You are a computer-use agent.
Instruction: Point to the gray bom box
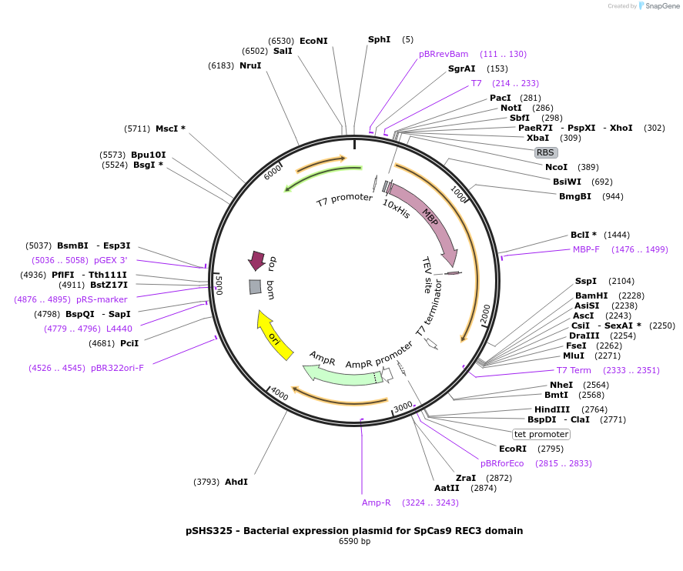[255, 287]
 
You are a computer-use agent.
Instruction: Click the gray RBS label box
[545, 152]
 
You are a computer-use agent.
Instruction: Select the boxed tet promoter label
[541, 434]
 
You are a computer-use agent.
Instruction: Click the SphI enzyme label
[379, 39]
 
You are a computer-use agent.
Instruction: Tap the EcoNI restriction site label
[313, 41]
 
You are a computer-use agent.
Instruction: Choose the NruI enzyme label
[250, 65]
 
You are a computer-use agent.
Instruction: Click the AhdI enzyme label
[236, 482]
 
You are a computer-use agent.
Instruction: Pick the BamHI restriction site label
[591, 296]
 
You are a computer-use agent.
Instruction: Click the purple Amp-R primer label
[377, 503]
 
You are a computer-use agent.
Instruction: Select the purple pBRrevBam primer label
[444, 54]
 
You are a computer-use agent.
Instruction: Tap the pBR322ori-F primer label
[117, 368]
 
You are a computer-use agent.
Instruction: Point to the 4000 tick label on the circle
[280, 396]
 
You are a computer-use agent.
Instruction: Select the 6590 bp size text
[354, 542]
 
